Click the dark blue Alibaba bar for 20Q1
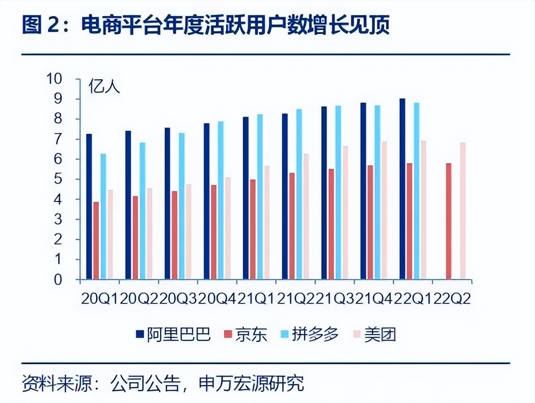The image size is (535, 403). point(89,207)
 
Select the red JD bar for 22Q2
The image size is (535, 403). point(449,221)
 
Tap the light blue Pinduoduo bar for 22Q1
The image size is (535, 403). point(416,191)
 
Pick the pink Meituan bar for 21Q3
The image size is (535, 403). point(346,212)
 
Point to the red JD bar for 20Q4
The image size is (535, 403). point(213,232)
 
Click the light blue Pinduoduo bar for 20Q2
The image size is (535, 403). point(142,211)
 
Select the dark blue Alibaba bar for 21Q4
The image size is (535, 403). point(363,191)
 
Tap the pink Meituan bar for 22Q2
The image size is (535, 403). point(463,211)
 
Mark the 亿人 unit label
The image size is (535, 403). point(105,87)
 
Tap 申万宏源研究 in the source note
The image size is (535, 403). point(251,383)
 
